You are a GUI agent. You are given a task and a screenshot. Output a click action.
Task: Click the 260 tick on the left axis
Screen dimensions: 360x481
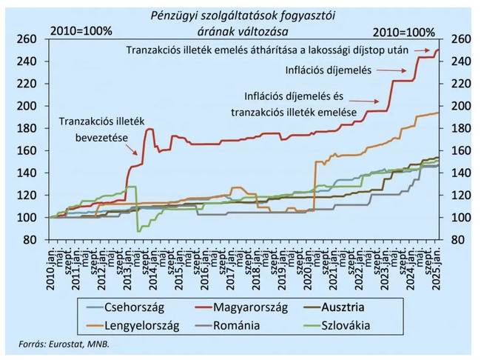tap(27, 39)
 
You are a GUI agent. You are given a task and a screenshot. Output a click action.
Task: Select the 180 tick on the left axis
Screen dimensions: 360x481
tap(27, 128)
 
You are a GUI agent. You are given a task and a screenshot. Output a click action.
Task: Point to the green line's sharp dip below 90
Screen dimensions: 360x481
tap(138, 230)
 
